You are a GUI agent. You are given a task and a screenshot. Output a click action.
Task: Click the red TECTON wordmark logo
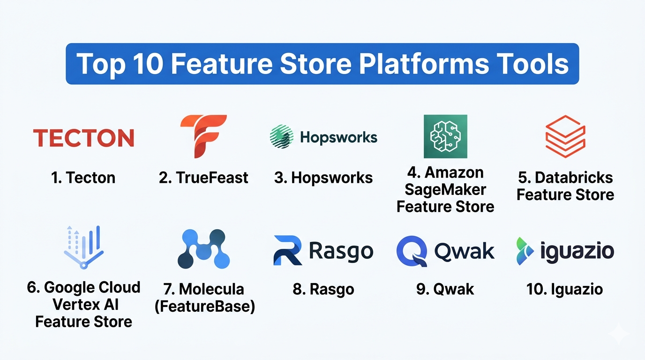pyautogui.click(x=83, y=138)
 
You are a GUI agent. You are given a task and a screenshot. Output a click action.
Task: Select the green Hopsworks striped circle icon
pyautogui.click(x=282, y=136)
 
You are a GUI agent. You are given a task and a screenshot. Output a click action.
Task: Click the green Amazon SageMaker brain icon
pyautogui.click(x=445, y=136)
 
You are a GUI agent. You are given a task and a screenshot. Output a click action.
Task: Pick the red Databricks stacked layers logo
pyautogui.click(x=565, y=136)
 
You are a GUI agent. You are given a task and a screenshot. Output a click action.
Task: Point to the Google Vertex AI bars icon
pyautogui.click(x=83, y=247)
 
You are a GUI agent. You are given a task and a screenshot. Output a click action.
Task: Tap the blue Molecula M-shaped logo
pyautogui.click(x=204, y=249)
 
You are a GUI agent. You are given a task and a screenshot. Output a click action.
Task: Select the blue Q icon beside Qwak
pyautogui.click(x=412, y=251)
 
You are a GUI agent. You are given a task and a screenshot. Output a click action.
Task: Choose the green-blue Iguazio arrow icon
pyautogui.click(x=525, y=251)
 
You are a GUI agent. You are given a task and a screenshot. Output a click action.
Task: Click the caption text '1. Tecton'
pyautogui.click(x=83, y=177)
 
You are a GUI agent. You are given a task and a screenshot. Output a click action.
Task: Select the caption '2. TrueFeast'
pyautogui.click(x=203, y=177)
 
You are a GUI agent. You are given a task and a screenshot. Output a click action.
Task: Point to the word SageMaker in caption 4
pyautogui.click(x=445, y=190)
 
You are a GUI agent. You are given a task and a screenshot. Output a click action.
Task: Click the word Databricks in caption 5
pyautogui.click(x=574, y=177)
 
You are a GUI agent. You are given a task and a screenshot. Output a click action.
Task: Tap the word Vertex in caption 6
pyautogui.click(x=73, y=304)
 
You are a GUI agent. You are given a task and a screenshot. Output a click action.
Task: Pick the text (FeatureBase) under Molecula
pyautogui.click(x=205, y=306)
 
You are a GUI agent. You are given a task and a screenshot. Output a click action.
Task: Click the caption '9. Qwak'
pyautogui.click(x=445, y=289)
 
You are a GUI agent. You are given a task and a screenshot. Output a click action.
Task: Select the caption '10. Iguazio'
pyautogui.click(x=565, y=289)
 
